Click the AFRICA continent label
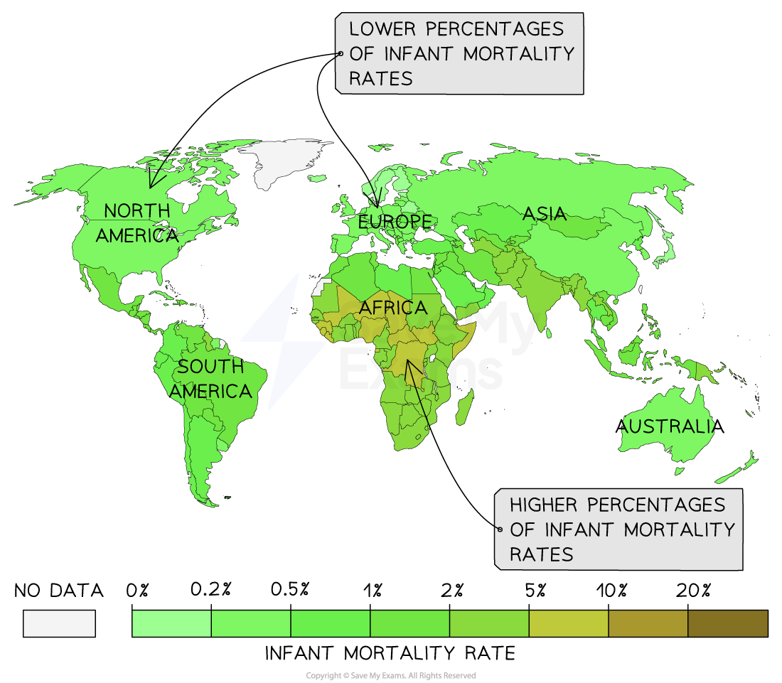pos(393,308)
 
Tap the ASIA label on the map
pos(545,213)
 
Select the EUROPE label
pos(395,222)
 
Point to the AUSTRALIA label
pos(666,426)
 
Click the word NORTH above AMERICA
pos(137,210)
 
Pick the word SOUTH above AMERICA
pos(210,367)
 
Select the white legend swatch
pos(59,623)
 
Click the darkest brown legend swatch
pos(727,623)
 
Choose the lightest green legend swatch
pos(172,623)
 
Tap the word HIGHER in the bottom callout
pos(542,505)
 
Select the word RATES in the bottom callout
pos(541,554)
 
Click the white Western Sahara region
pos(322,287)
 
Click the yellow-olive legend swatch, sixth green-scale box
pos(568,623)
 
